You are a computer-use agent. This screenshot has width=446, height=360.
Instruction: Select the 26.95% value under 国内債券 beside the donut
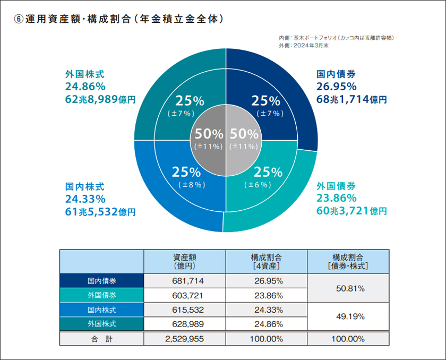(x=336, y=87)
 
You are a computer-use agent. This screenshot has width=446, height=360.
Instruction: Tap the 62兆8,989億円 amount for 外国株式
(x=100, y=99)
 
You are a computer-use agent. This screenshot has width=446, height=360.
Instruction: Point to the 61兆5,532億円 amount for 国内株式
(x=100, y=212)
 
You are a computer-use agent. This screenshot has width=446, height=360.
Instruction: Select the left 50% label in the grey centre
(x=208, y=134)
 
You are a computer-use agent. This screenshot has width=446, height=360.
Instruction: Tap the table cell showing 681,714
(x=185, y=280)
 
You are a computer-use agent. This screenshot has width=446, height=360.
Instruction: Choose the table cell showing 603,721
(x=185, y=295)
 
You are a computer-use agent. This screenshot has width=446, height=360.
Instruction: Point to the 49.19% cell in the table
(x=349, y=316)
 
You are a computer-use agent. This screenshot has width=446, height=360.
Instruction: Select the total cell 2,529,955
(x=185, y=338)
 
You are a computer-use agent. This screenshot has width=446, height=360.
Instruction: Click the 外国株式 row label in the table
(x=102, y=323)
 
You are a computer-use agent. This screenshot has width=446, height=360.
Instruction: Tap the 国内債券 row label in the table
(x=102, y=280)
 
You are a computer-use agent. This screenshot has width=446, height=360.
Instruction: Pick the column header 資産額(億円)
(x=185, y=260)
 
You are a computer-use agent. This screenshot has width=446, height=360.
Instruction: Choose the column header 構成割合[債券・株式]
(x=349, y=260)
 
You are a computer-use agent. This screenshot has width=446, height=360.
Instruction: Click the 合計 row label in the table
(x=102, y=338)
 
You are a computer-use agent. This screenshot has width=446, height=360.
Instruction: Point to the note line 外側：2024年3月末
(x=304, y=46)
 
